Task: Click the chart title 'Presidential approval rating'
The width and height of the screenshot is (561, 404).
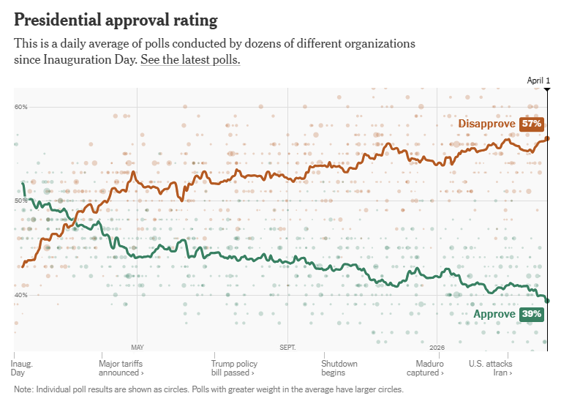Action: pyautogui.click(x=116, y=19)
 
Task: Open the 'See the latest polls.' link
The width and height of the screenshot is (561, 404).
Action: pyautogui.click(x=190, y=59)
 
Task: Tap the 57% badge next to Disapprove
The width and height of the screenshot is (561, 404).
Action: pyautogui.click(x=532, y=124)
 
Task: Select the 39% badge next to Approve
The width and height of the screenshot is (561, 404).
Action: pyautogui.click(x=532, y=314)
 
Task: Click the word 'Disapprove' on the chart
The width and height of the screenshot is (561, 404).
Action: pyautogui.click(x=487, y=124)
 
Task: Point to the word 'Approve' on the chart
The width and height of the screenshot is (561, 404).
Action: pyautogui.click(x=494, y=314)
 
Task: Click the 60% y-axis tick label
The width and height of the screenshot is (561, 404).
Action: pyautogui.click(x=20, y=107)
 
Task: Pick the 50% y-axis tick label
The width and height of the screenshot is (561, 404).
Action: pyautogui.click(x=20, y=201)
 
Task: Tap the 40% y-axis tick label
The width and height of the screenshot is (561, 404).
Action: pyautogui.click(x=20, y=295)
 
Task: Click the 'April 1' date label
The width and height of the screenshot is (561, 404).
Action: pyautogui.click(x=538, y=81)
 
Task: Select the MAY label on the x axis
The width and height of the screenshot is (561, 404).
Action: pyautogui.click(x=138, y=348)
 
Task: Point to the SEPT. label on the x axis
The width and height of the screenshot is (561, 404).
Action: pyautogui.click(x=287, y=348)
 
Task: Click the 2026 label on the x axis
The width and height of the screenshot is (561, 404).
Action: pyautogui.click(x=437, y=348)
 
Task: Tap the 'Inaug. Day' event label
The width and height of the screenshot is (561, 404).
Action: pyautogui.click(x=22, y=368)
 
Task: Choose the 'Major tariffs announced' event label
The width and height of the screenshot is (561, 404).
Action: pyautogui.click(x=120, y=368)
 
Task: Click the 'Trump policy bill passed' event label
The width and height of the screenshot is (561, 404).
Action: pyautogui.click(x=234, y=368)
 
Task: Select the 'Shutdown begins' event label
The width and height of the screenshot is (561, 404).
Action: pyautogui.click(x=339, y=368)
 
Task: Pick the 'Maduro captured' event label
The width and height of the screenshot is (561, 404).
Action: pyautogui.click(x=430, y=368)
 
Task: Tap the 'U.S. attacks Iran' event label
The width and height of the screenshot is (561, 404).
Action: pyautogui.click(x=490, y=368)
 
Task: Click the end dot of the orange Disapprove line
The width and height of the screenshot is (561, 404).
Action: pyautogui.click(x=547, y=138)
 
